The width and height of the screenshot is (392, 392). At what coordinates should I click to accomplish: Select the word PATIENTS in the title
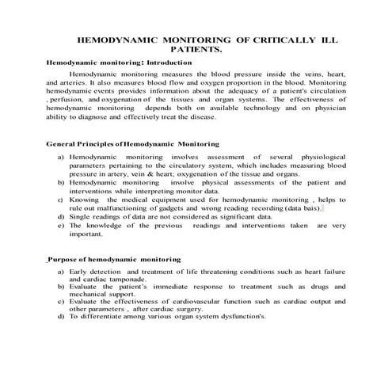coord(195,49)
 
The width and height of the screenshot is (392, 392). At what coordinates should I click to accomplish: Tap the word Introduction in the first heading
coord(167,62)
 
